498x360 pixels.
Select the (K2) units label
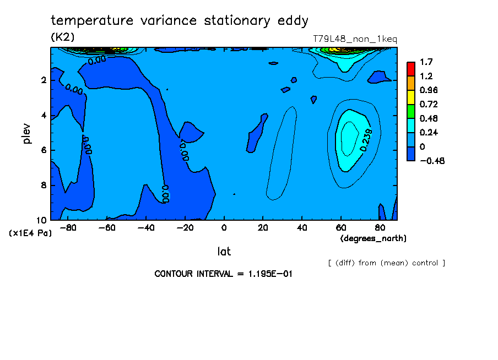point(62,37)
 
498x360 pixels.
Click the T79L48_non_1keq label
point(355,39)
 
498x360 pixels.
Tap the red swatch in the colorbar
point(410,69)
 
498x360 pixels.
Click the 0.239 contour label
point(367,139)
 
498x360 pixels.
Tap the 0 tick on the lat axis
point(224,228)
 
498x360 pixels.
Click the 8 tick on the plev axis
point(42,186)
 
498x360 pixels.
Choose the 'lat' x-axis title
point(224,252)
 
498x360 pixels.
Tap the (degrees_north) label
point(373,238)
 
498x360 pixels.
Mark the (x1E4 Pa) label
point(30,233)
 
